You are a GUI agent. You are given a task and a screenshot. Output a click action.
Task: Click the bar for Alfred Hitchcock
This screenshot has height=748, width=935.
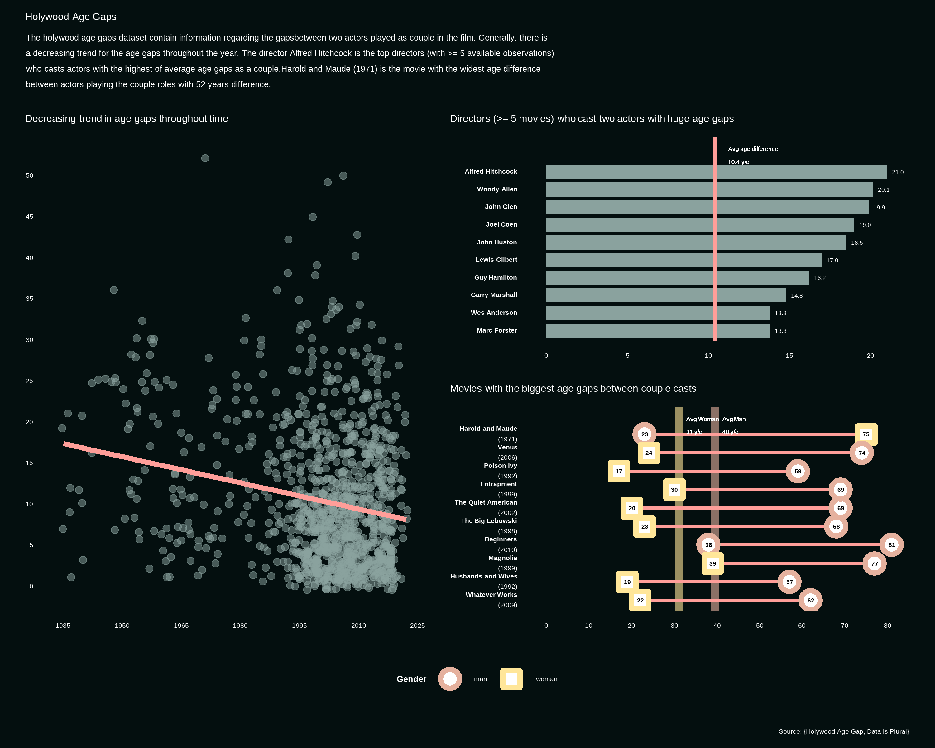716,172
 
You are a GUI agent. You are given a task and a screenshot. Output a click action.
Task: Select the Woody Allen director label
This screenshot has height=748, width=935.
497,189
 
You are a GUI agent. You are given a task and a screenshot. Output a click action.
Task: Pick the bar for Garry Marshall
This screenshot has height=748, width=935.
666,295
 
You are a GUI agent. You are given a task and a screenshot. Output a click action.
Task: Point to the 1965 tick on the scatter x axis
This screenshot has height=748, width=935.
181,625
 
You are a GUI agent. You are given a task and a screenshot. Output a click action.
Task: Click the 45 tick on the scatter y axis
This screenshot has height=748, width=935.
30,216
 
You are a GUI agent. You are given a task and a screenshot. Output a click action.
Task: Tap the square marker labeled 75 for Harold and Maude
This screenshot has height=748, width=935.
865,434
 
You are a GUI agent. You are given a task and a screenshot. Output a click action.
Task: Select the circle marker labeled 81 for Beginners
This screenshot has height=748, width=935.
891,545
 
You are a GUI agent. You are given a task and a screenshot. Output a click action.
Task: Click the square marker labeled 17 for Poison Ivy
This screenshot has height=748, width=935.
619,471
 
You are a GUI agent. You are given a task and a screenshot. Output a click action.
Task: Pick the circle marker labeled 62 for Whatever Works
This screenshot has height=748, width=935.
811,600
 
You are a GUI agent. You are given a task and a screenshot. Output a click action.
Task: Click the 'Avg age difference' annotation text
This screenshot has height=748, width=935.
753,149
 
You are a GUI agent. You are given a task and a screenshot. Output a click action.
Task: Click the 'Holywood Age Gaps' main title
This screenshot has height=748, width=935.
71,17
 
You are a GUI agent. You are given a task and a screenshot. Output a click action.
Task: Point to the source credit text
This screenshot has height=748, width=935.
843,731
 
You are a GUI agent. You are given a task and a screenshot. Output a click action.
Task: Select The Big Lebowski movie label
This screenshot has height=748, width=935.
489,521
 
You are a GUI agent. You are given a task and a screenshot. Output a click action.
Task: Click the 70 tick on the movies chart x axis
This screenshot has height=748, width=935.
844,625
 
